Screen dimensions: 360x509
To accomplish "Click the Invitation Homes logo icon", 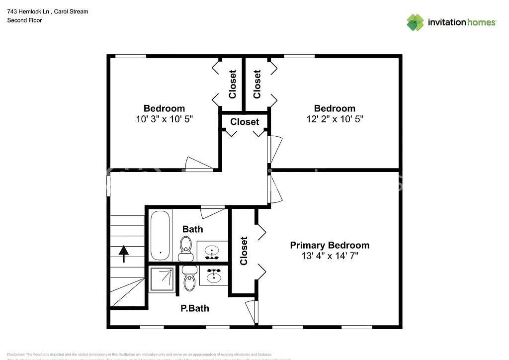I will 415,22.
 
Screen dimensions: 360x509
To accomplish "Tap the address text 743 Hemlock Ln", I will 30,11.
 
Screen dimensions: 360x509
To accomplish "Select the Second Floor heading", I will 24,20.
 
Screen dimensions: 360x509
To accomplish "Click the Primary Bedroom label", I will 330,245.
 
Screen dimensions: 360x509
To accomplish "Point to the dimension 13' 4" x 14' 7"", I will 330,256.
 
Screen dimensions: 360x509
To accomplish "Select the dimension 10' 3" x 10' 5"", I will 164,119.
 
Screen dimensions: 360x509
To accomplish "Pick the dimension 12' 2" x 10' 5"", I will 335,119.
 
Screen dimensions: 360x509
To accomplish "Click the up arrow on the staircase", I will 123,254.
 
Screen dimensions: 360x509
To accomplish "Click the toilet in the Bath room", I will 186,247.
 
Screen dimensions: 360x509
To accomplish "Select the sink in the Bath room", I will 213,252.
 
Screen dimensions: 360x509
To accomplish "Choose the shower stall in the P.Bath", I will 162,279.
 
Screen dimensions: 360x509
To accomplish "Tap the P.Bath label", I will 194,308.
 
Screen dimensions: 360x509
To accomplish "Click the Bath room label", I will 192,229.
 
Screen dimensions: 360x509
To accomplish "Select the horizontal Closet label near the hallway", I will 245,122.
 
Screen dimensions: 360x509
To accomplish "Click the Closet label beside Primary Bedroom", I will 244,251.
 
